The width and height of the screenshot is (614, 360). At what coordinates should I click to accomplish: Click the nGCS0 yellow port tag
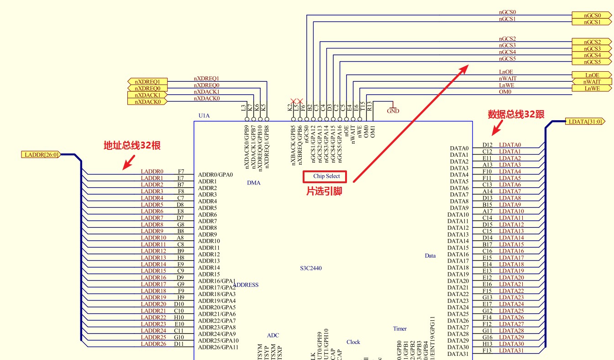pos(592,16)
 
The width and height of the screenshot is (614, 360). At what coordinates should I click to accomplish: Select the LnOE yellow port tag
pos(592,75)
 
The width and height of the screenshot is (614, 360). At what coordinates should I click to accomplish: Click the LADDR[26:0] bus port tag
pos(41,154)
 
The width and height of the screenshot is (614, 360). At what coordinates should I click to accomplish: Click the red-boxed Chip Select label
pos(326,176)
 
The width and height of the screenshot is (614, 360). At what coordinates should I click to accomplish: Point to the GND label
pos(393,111)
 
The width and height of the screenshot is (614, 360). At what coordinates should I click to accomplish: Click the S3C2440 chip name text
pos(310,268)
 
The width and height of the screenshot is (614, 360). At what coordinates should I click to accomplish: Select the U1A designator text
pos(204,116)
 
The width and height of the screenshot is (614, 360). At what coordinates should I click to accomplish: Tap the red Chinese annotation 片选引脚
pos(324,192)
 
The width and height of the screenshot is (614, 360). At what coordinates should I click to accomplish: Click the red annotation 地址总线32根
pos(132,146)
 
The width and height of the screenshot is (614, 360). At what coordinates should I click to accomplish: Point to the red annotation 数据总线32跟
pos(516,114)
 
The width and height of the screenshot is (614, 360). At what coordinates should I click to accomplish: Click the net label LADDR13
pos(153,258)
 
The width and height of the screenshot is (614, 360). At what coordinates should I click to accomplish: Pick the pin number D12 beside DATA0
pos(487,145)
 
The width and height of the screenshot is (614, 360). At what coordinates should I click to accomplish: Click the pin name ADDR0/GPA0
pos(215,175)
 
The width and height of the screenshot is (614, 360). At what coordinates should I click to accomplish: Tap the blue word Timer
pos(400,328)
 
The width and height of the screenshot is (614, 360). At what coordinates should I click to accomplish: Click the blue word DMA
pos(253,183)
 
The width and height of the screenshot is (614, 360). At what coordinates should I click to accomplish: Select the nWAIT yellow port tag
pos(592,82)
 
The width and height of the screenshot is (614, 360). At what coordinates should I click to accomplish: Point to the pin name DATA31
pos(458,354)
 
